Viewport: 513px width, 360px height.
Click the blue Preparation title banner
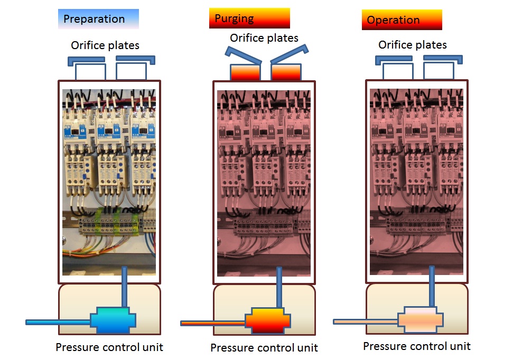point(98,19)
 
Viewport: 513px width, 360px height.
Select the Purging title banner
point(249,18)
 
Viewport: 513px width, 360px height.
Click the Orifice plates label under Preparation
point(105,45)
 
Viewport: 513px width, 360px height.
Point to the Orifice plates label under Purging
point(264,38)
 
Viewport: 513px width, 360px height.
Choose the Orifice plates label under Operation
point(412,45)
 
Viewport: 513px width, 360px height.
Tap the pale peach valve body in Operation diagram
point(421,320)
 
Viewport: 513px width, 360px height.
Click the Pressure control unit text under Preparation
point(109,347)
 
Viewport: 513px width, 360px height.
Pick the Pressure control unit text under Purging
point(264,348)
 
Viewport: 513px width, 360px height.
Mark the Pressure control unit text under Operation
point(416,346)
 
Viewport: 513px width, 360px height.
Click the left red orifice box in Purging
point(245,72)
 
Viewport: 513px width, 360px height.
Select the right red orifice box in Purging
point(286,72)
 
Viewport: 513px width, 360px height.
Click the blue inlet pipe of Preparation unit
point(58,321)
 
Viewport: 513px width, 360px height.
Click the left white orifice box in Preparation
point(90,72)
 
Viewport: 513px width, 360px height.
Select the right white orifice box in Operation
point(439,71)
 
